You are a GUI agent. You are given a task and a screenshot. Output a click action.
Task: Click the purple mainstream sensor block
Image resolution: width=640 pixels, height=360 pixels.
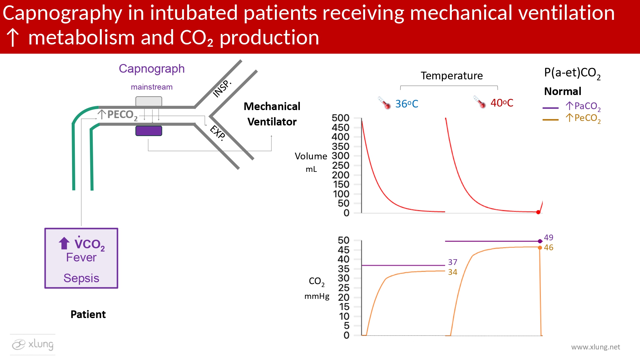point(148,131)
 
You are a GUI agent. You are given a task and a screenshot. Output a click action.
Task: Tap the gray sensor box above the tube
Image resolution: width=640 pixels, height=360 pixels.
point(148,101)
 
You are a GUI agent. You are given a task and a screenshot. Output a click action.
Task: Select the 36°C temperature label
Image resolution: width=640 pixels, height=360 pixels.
point(406,104)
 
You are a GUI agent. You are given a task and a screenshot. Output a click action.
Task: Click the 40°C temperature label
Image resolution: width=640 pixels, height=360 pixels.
point(501,103)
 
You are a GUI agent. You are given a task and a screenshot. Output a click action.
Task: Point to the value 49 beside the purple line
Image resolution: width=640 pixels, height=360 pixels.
point(548,237)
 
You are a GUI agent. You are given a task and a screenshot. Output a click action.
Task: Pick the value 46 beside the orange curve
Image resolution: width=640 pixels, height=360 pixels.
point(548,247)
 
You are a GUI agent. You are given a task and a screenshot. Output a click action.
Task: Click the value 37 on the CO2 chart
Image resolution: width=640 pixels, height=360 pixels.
point(452,262)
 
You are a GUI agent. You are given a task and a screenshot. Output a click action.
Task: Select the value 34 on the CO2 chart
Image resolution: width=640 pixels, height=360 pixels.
point(452,272)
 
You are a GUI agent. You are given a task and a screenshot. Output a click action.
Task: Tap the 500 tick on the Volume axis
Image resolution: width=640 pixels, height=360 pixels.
point(340,118)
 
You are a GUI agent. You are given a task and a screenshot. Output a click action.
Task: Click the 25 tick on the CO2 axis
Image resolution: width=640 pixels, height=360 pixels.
point(344,288)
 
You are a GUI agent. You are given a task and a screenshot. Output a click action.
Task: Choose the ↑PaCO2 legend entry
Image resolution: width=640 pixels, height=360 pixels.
point(583,106)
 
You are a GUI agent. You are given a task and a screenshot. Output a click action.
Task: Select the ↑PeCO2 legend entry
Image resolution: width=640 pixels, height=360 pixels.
point(583,118)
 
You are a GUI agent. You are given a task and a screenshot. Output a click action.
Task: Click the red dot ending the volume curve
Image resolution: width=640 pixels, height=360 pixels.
point(538,212)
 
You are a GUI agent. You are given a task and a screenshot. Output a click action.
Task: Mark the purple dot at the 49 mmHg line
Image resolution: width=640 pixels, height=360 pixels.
point(540,241)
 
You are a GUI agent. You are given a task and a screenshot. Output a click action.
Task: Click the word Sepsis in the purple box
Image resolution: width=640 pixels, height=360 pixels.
point(81,278)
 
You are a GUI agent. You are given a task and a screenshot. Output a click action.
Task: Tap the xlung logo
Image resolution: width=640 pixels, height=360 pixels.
point(33,344)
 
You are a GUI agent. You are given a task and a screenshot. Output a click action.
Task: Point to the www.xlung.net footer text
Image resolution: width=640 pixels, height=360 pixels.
point(596,347)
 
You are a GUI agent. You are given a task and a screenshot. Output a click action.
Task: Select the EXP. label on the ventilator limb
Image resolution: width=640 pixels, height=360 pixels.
point(218,133)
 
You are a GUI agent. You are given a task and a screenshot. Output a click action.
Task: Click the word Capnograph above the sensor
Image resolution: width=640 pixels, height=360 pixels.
point(152,69)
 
